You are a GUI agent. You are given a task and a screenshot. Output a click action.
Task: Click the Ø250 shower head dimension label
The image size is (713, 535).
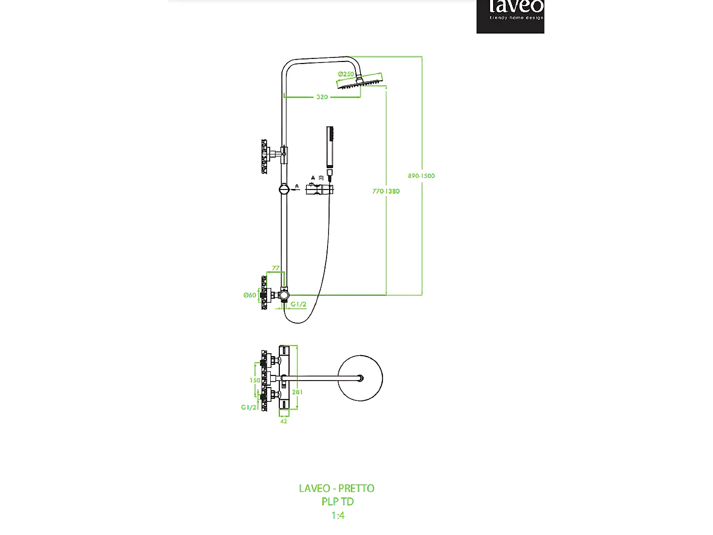pos(346,74)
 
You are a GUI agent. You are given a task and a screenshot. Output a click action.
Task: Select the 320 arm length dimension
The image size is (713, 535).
pos(322,97)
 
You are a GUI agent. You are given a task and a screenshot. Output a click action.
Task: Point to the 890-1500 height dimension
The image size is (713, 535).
pos(421,176)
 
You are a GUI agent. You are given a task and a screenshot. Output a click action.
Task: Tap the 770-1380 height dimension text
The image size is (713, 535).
pos(385,191)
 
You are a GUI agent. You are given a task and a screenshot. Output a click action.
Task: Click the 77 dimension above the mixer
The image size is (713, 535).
pos(276,268)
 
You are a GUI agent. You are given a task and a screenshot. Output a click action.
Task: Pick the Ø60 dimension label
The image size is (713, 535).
pos(249,295)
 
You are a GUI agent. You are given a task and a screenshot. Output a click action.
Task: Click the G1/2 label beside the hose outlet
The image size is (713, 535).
pos(299,304)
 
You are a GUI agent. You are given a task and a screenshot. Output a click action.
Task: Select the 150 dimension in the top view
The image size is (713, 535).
pos(255,380)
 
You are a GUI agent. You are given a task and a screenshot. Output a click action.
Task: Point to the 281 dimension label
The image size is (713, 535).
pos(298,392)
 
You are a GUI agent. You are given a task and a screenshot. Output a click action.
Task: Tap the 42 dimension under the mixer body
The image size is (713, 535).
pos(284,421)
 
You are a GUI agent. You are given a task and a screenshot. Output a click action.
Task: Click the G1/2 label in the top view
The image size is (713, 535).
pos(248,407)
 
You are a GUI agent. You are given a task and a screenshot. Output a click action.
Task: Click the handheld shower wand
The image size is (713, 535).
pos(330,147)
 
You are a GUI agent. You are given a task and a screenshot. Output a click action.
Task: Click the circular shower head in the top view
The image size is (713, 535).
pos(360,378)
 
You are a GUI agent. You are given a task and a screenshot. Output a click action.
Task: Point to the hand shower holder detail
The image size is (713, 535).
pos(320,189)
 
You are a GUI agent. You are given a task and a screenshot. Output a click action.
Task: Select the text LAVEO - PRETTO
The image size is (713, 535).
pos(336,488)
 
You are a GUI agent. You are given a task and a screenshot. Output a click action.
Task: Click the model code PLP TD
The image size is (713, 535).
pos(337,501)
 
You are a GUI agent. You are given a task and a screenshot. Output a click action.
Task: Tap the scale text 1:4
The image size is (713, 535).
pos(338,515)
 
